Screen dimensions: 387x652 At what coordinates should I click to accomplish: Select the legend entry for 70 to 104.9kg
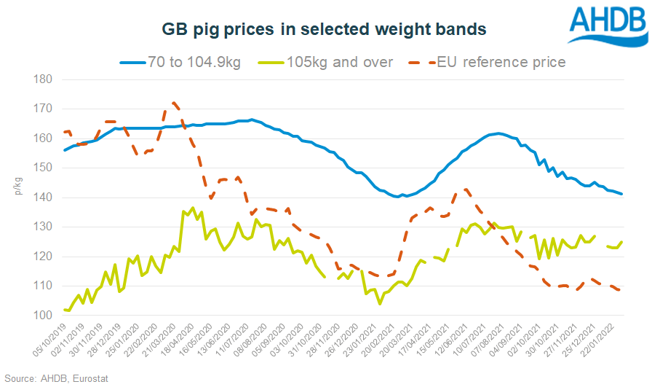point(179,62)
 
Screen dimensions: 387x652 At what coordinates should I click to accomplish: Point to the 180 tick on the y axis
point(41,79)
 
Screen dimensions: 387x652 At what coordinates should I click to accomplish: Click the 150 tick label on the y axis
point(41,168)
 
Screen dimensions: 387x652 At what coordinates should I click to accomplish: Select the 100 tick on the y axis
point(41,316)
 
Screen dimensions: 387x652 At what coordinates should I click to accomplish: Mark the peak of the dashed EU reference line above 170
point(173,103)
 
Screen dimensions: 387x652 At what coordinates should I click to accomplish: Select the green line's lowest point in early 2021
point(380,304)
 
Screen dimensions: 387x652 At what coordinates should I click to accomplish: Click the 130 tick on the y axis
point(41,227)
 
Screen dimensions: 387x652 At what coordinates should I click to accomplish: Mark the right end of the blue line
point(621,194)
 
